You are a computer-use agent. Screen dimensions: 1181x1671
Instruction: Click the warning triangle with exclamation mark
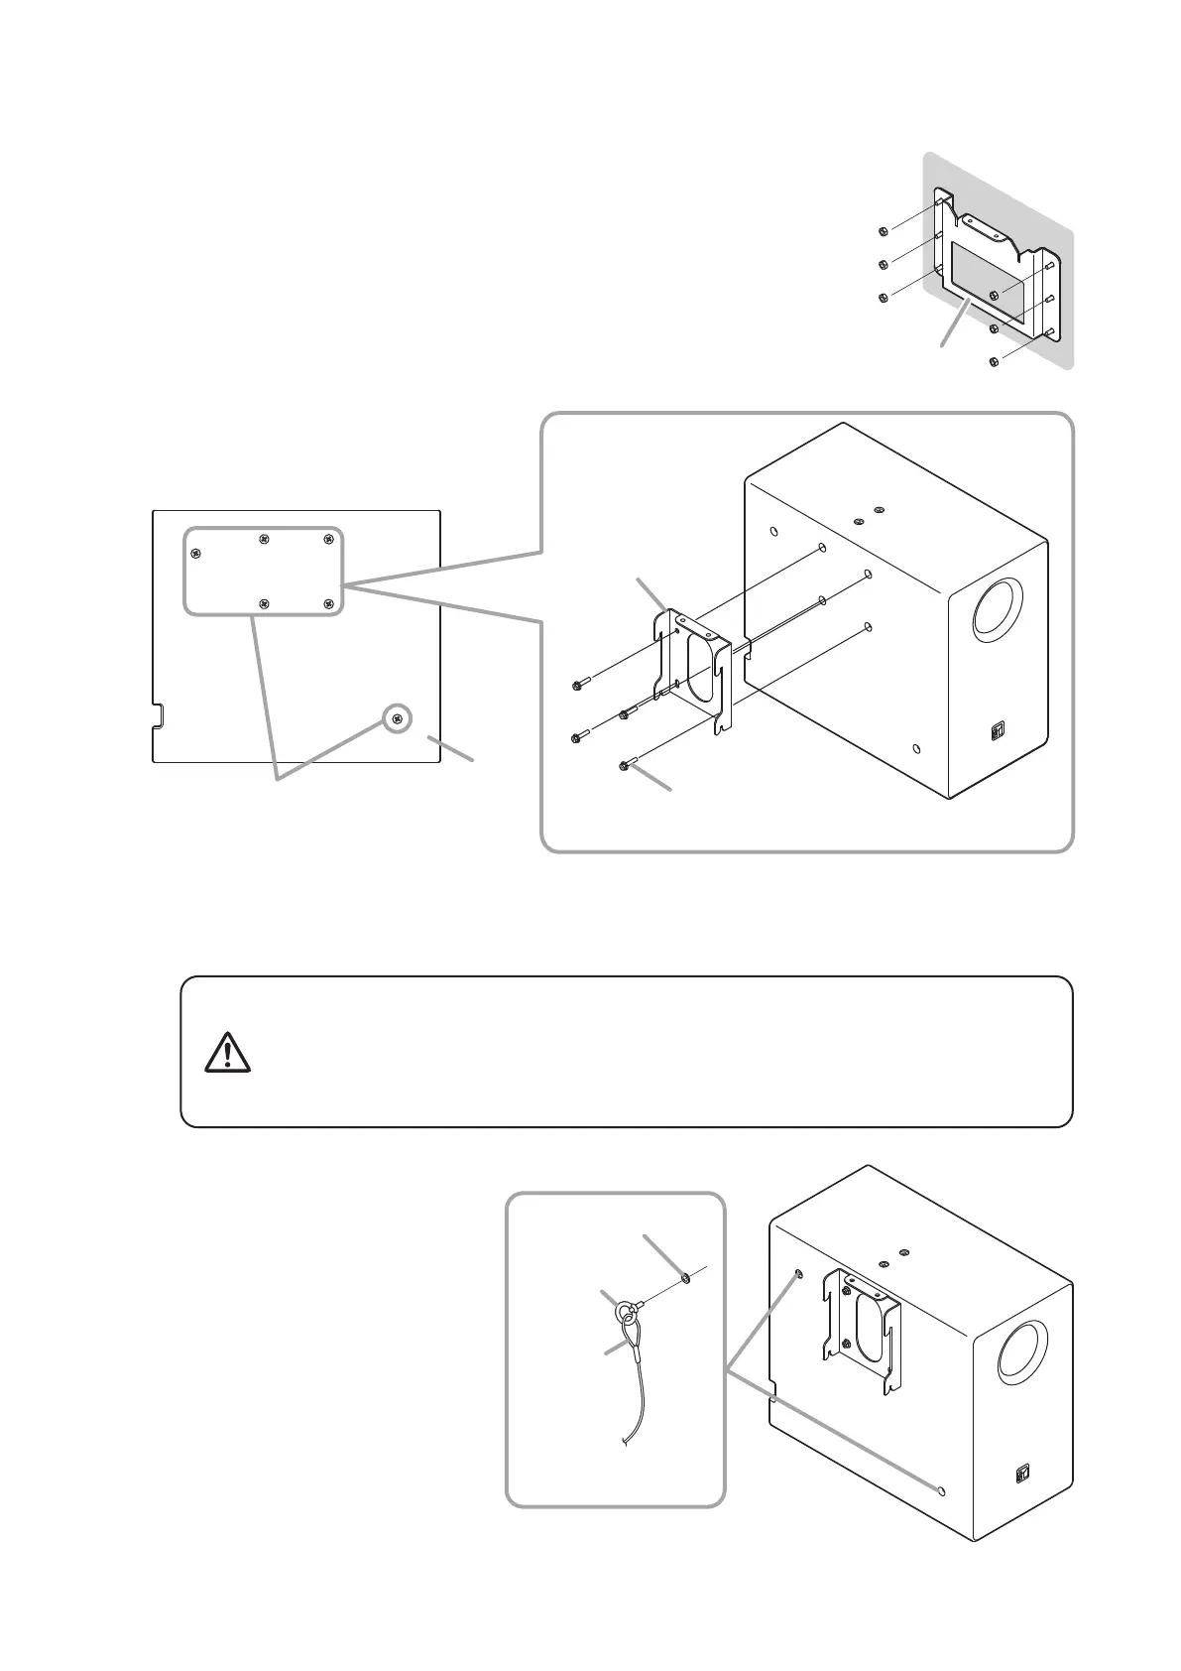(227, 1052)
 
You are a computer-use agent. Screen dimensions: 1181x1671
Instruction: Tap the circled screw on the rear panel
(398, 718)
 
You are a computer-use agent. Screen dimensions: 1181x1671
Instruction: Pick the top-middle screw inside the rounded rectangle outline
(264, 539)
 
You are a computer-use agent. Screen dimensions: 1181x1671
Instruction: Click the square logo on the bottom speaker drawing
(1022, 1473)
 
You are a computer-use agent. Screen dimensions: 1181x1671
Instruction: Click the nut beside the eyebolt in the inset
(684, 1278)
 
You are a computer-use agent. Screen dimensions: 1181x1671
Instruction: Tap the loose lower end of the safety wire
(624, 1443)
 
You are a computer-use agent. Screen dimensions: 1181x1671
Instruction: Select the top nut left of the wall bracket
(883, 232)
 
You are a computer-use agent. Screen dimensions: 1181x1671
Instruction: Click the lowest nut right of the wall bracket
(994, 363)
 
